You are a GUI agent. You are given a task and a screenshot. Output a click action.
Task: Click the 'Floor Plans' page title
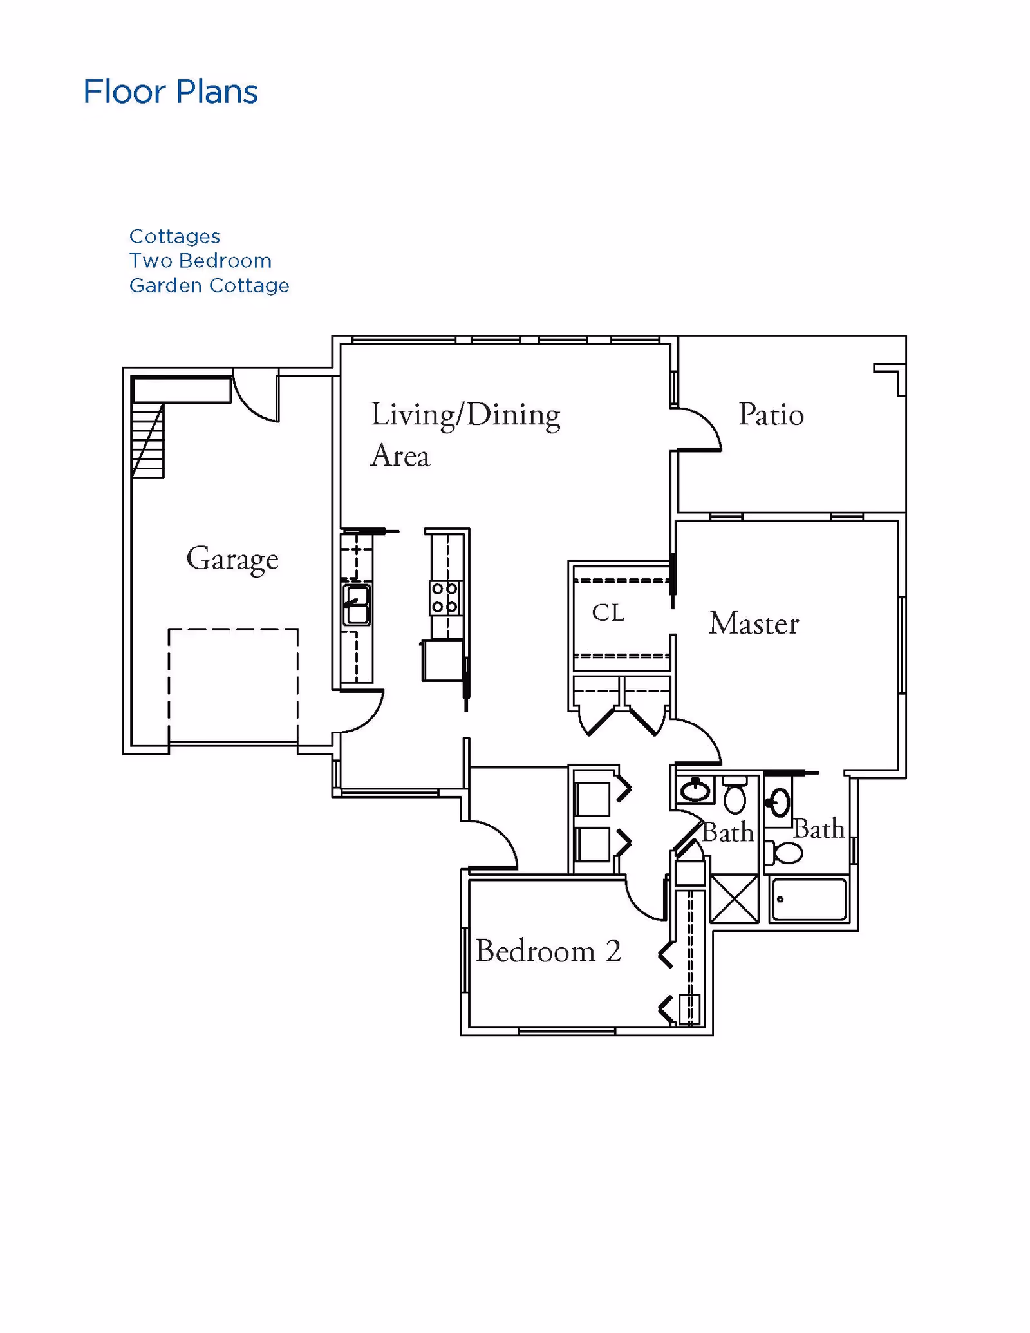pyautogui.click(x=171, y=91)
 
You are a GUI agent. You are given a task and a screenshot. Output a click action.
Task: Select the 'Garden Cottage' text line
pyautogui.click(x=209, y=285)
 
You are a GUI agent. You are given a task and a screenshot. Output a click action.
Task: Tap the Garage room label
pyautogui.click(x=232, y=559)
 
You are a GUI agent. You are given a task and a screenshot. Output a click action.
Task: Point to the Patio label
pyautogui.click(x=771, y=414)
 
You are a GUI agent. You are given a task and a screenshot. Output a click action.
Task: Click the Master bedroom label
pyautogui.click(x=754, y=623)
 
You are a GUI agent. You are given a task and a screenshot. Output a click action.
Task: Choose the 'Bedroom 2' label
pyautogui.click(x=548, y=950)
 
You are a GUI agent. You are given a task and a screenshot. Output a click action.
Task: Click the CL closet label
pyautogui.click(x=608, y=612)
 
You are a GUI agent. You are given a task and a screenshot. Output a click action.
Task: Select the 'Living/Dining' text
pyautogui.click(x=465, y=415)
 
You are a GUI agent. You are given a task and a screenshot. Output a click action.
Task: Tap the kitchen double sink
pyautogui.click(x=357, y=605)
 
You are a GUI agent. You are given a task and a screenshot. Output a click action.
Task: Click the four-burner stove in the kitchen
pyautogui.click(x=445, y=598)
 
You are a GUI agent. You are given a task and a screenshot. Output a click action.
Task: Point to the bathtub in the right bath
pyautogui.click(x=809, y=899)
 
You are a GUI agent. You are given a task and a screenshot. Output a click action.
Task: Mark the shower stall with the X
pyautogui.click(x=735, y=898)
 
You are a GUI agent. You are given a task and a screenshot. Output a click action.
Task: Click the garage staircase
pyautogui.click(x=147, y=440)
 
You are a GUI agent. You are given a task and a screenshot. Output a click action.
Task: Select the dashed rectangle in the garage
pyautogui.click(x=233, y=686)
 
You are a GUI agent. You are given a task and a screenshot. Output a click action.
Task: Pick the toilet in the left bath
pyautogui.click(x=735, y=796)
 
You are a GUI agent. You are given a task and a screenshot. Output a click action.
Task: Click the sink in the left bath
pyautogui.click(x=695, y=789)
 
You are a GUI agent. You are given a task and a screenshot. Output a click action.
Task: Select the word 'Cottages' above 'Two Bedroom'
pyautogui.click(x=175, y=236)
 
